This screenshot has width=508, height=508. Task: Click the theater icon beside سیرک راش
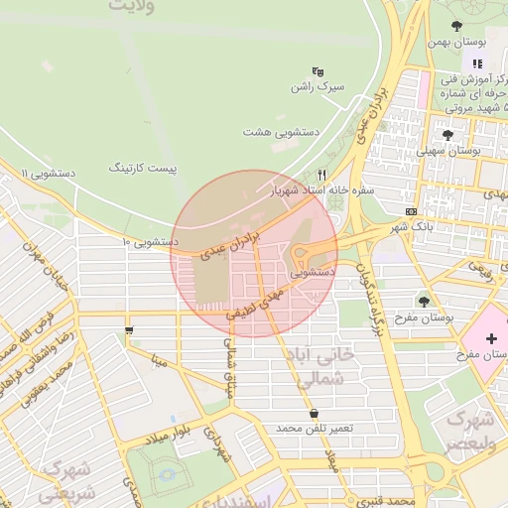point(318,71)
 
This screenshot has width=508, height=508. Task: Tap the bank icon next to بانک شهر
point(411,211)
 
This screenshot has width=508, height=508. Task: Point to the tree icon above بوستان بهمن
point(456,26)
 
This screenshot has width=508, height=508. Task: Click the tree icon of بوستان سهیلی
point(448,134)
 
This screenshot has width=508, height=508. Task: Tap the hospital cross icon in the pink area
point(491,339)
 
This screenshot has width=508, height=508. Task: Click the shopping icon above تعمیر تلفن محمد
point(315,413)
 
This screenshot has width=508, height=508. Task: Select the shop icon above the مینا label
point(129,330)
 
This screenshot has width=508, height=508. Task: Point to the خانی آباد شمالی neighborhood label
point(340,365)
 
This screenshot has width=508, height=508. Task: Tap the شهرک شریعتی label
point(69,478)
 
